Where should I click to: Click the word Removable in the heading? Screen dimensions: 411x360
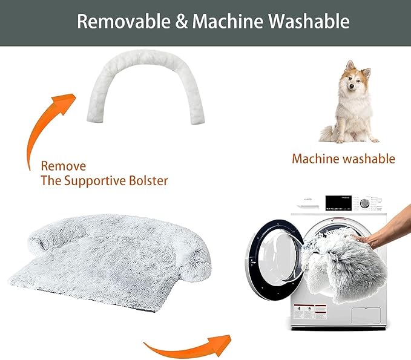click(124, 21)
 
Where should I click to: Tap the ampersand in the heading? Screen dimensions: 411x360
click(182, 22)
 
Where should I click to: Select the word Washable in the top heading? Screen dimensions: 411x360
click(309, 21)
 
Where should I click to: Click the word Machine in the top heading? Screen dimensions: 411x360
click(228, 21)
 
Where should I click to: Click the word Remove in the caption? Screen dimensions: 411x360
click(64, 166)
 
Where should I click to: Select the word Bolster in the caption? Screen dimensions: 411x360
click(148, 180)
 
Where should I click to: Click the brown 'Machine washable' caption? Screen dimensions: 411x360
click(343, 159)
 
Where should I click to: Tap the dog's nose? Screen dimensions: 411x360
click(352, 86)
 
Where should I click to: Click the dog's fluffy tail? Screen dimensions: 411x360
click(327, 134)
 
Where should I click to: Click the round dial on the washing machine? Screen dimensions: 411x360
click(364, 203)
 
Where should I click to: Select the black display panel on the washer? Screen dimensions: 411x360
click(338, 203)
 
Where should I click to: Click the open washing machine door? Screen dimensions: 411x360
click(274, 260)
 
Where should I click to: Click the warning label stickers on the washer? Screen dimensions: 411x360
click(310, 312)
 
